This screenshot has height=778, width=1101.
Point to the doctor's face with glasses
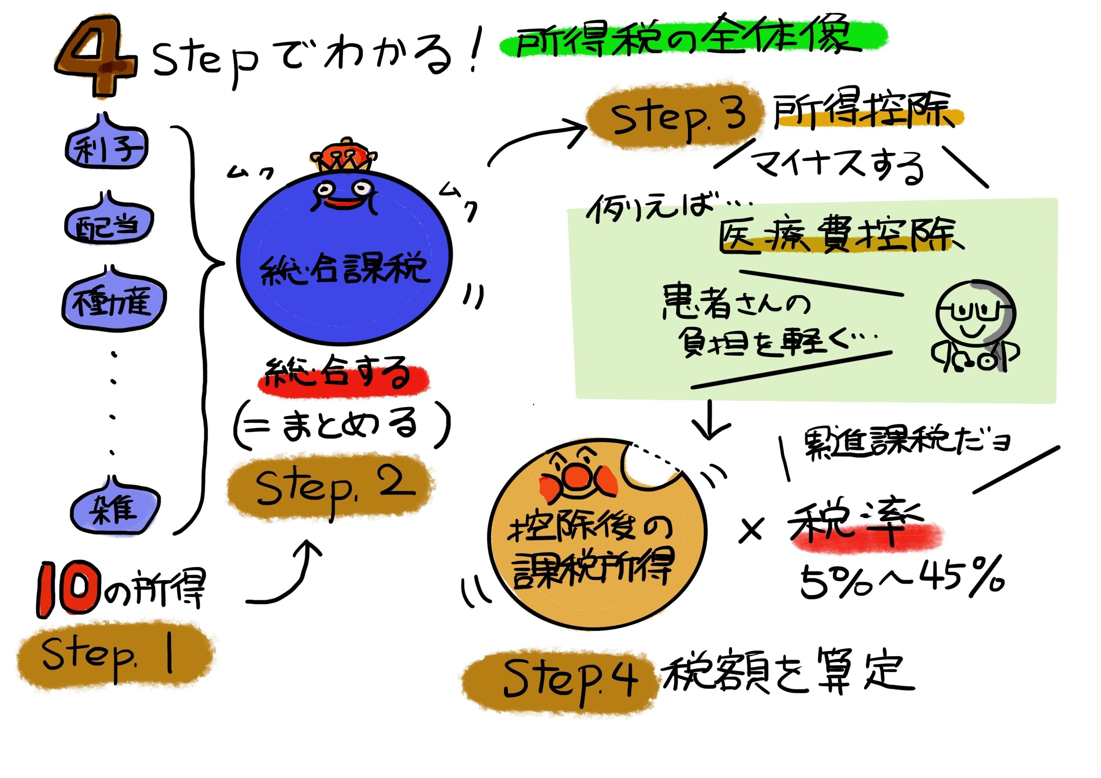click(x=974, y=317)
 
